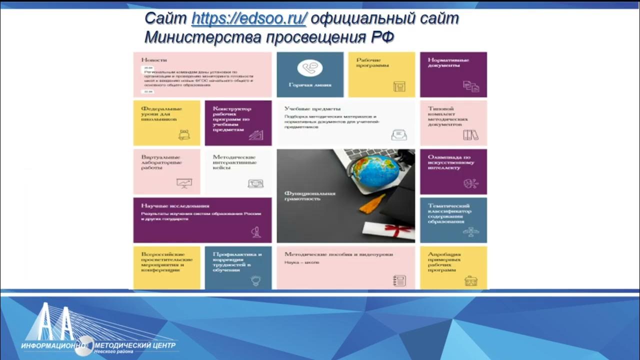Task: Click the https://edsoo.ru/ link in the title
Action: coord(248,19)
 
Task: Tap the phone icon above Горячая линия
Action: coord(309,68)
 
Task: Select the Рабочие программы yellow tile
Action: coord(381,74)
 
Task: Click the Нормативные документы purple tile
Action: coord(453,74)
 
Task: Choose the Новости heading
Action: coord(154,59)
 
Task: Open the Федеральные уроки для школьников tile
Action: coord(166,123)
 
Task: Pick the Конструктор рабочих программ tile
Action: coord(238,123)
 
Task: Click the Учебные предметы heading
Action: coord(312,108)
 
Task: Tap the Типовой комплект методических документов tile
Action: coord(453,123)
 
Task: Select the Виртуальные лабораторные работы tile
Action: coord(166,171)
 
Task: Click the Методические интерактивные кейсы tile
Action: coord(238,171)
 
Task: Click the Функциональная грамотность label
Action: coord(309,195)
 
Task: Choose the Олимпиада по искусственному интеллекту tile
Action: coord(453,171)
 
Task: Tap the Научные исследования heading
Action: coord(168,205)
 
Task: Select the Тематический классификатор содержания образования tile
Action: coord(453,220)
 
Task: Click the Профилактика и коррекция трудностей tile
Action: coord(238,267)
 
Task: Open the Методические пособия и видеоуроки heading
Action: coord(338,254)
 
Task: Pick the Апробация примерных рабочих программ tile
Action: coord(453,267)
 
